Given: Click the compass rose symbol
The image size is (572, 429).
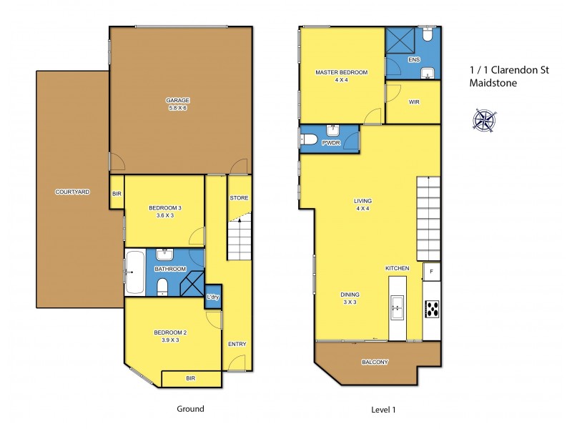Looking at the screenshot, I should [485, 119].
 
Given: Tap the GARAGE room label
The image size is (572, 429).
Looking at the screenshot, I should [177, 101].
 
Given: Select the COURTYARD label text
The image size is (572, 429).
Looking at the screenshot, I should [72, 192].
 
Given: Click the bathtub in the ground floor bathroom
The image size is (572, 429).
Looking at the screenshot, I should [134, 272].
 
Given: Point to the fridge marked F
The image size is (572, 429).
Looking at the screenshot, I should [432, 272].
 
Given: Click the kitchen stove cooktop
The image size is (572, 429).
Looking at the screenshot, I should [432, 309].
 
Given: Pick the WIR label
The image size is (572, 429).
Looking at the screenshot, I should [413, 102].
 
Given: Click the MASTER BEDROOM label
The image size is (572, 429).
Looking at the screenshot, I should [341, 72].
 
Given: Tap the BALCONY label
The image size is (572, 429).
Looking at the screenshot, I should [375, 362].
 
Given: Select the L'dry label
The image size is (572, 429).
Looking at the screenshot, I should [213, 297].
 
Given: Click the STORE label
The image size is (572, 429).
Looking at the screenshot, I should [238, 197].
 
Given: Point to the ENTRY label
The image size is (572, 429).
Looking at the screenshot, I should [237, 344].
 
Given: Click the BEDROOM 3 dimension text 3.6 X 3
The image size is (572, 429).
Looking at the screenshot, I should [165, 217].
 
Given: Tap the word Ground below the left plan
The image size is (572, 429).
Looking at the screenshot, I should [190, 409].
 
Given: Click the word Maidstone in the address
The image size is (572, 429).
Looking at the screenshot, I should [492, 82].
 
